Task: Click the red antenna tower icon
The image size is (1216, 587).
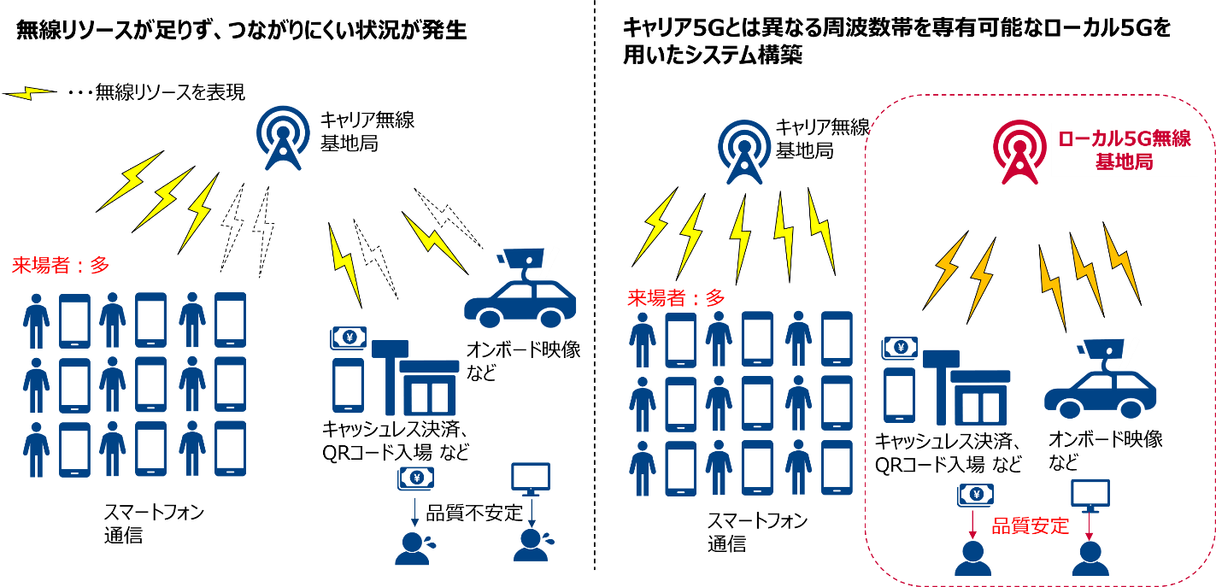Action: tap(1019, 151)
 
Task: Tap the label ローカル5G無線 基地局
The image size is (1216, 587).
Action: tap(1124, 150)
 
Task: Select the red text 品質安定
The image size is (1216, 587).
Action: tap(1030, 526)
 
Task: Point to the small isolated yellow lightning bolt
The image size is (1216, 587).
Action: tap(30, 92)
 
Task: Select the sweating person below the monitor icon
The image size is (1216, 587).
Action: tap(532, 545)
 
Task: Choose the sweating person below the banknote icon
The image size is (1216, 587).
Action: tap(414, 549)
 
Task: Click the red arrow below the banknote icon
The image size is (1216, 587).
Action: tap(972, 524)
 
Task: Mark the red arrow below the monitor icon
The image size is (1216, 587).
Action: tap(1090, 526)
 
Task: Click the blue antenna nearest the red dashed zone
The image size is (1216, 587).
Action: tap(743, 151)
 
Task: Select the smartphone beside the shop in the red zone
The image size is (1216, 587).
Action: tap(898, 395)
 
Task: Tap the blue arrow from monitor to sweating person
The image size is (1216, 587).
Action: tap(531, 513)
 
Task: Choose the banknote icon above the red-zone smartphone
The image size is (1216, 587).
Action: tap(899, 347)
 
